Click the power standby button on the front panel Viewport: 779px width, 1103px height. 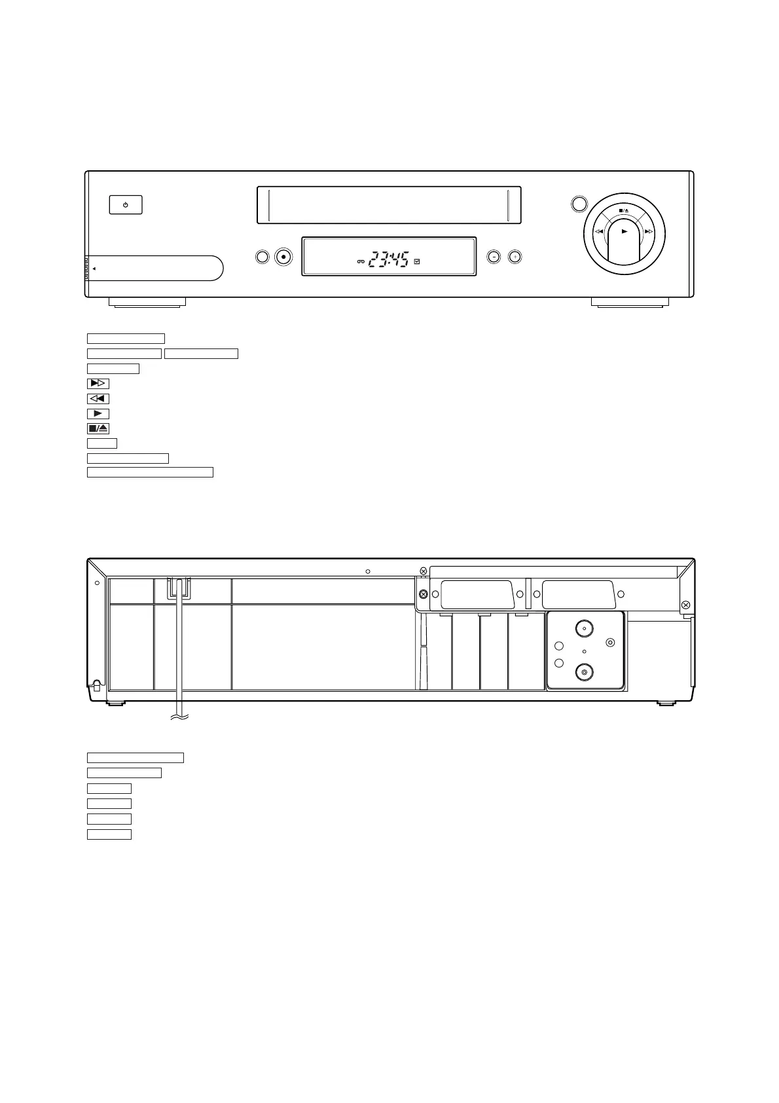(x=125, y=205)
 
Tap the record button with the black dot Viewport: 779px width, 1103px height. (x=283, y=257)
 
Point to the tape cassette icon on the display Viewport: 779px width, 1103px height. (x=360, y=262)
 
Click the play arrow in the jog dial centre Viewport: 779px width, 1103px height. (x=625, y=231)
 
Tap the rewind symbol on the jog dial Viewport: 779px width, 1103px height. (x=599, y=231)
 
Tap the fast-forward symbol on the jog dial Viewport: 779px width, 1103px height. (x=649, y=231)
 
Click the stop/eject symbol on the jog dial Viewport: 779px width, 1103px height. (x=624, y=211)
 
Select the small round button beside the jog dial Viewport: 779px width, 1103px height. (x=579, y=204)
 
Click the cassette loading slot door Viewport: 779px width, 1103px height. (x=389, y=205)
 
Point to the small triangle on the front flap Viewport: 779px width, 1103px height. (x=94, y=269)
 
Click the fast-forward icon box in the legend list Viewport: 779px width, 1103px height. (x=98, y=384)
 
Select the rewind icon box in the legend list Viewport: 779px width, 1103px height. (x=98, y=399)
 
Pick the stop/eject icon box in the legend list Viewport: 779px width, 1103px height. (x=98, y=429)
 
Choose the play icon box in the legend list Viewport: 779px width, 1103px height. (x=98, y=414)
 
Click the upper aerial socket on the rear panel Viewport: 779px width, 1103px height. (x=584, y=628)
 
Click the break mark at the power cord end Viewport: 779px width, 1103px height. (x=178, y=719)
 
